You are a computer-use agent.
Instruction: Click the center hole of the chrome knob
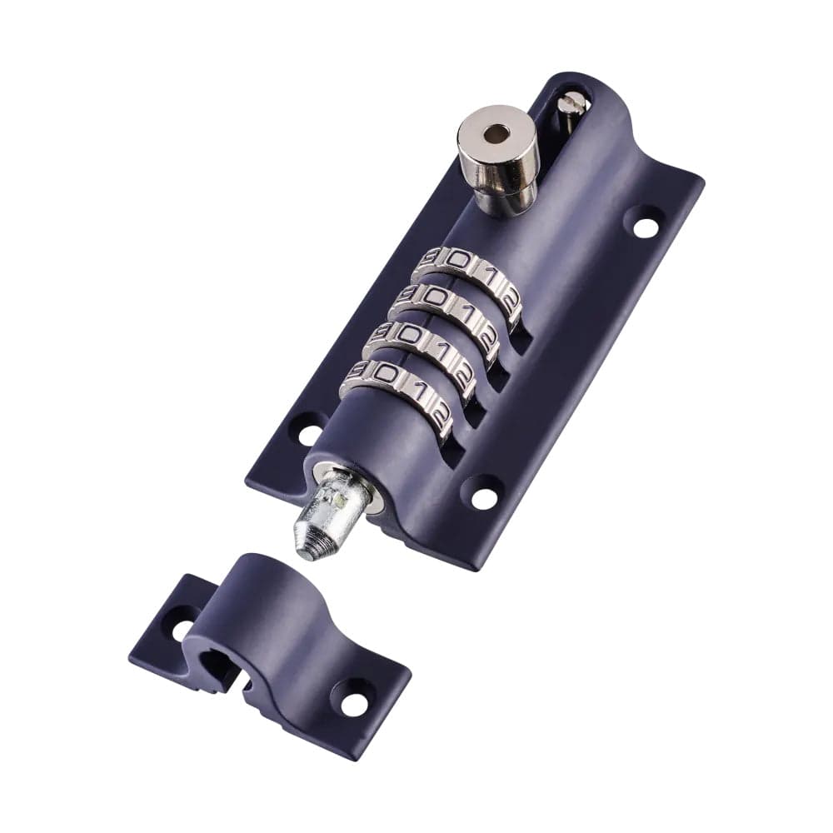[496, 133]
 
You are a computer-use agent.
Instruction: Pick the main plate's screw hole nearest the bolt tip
[484, 498]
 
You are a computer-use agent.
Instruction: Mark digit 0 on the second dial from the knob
[432, 296]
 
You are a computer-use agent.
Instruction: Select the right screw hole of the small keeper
[354, 704]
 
